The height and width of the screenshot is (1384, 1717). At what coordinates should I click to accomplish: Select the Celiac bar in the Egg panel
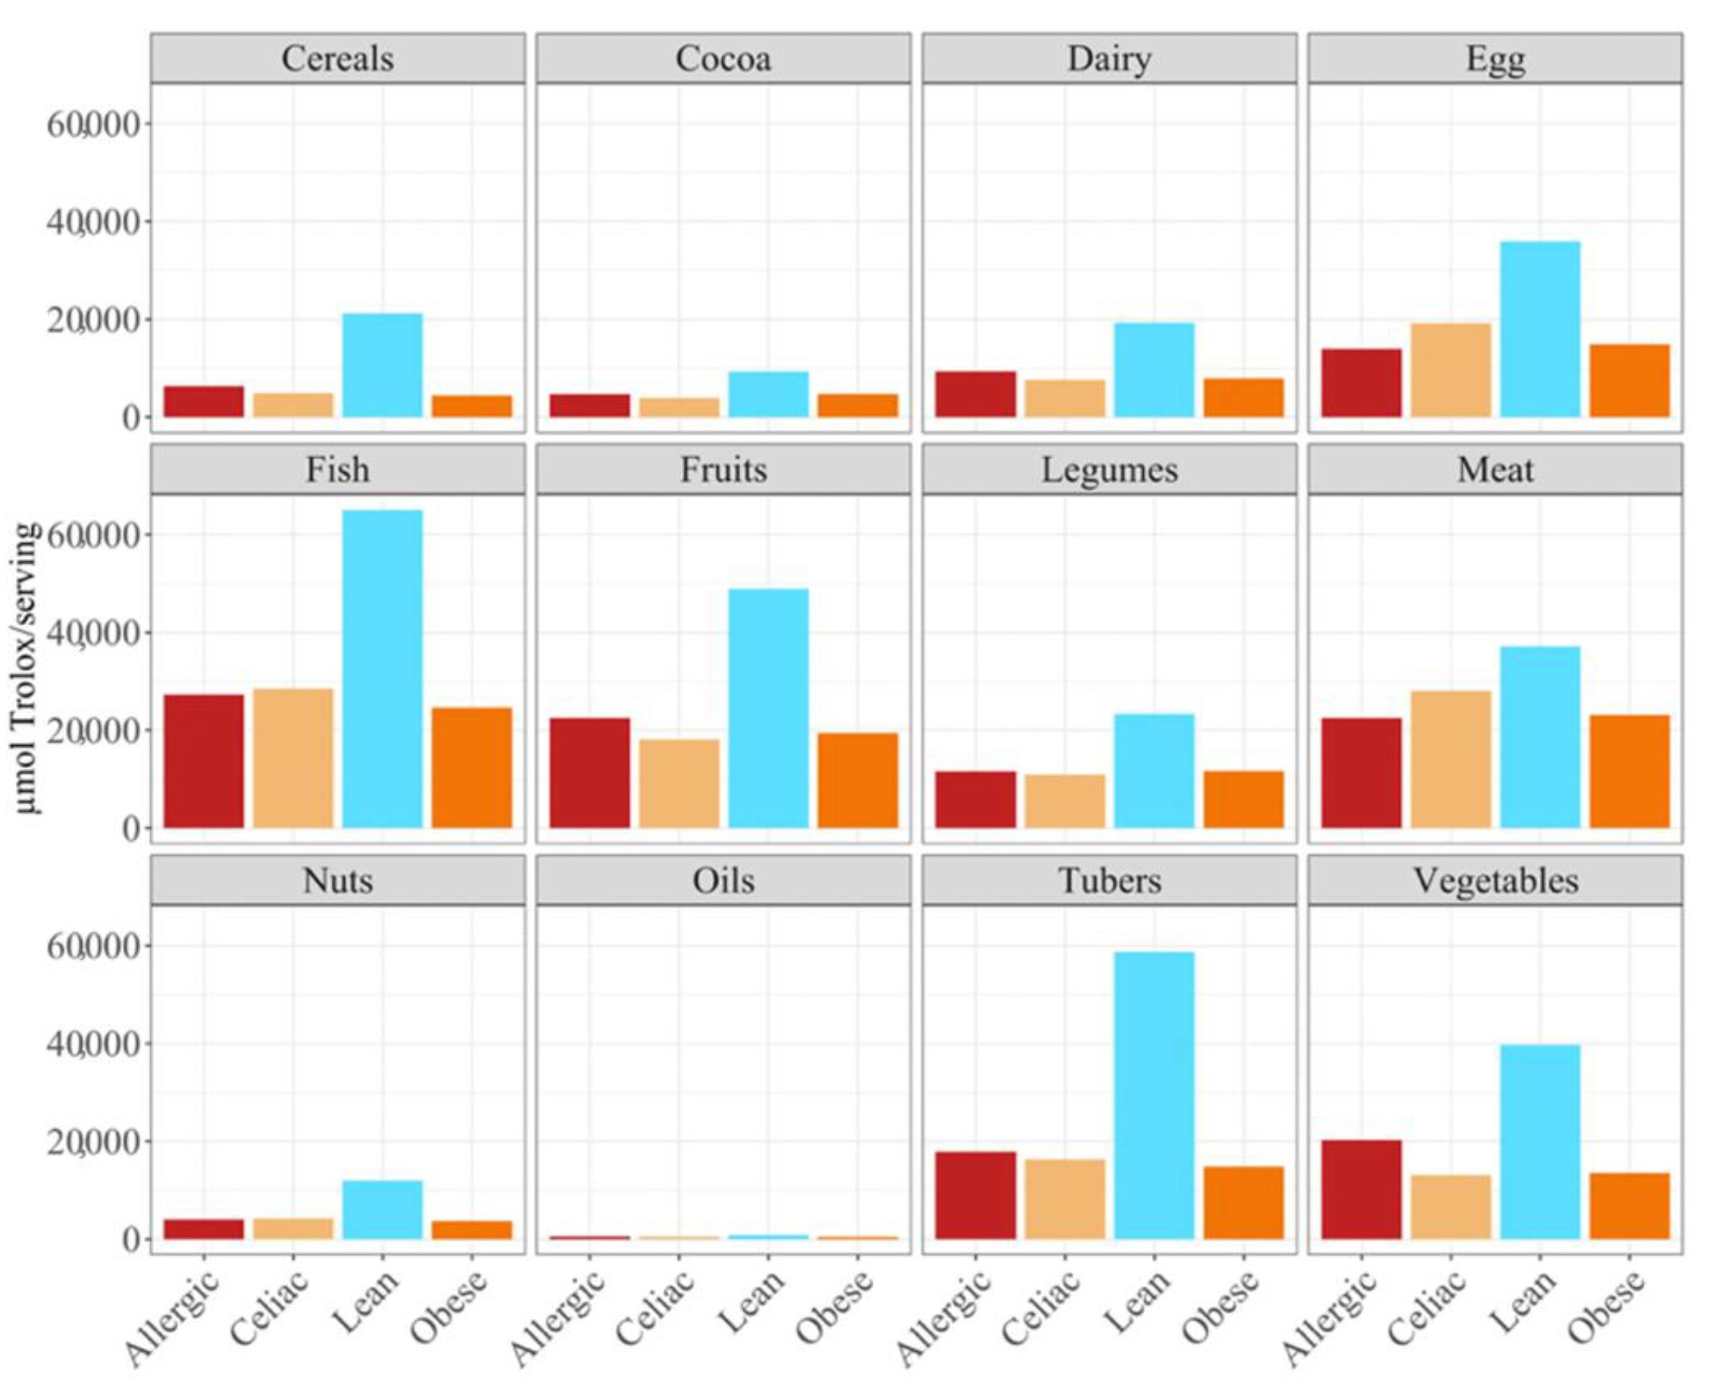pyautogui.click(x=1450, y=370)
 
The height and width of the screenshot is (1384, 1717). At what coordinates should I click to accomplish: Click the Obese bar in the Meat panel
pyautogui.click(x=1629, y=771)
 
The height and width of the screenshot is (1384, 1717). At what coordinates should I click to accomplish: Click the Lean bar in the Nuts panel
pyautogui.click(x=382, y=1210)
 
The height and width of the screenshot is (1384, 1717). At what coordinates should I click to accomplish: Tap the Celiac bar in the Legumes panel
pyautogui.click(x=1064, y=801)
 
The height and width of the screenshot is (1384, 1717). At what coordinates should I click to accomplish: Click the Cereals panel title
pyautogui.click(x=337, y=59)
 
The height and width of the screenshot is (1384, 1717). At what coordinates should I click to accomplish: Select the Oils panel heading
pyautogui.click(x=723, y=881)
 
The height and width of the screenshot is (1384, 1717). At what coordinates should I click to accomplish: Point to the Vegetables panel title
pyautogui.click(x=1495, y=881)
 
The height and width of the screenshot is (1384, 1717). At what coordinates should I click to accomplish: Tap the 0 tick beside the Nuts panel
pyautogui.click(x=131, y=1240)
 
